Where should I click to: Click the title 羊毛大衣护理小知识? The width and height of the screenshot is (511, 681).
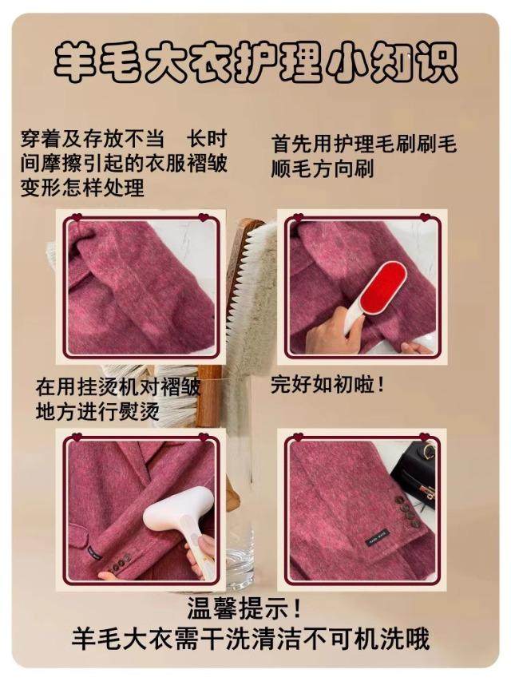click(255, 61)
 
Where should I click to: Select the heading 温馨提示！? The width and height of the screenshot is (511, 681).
click(244, 608)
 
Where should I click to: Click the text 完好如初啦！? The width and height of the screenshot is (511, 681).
click(328, 384)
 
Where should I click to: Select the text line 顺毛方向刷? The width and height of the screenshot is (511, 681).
click(323, 168)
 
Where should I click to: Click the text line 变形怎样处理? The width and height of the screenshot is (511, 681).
click(82, 188)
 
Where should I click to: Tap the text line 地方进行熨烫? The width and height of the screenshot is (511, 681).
click(97, 411)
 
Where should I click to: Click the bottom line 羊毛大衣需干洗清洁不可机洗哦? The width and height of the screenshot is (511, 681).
click(251, 638)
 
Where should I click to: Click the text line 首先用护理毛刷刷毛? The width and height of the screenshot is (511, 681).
click(364, 144)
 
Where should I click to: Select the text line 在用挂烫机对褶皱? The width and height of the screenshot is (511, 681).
click(118, 386)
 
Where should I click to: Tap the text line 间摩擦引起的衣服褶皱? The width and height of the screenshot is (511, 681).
click(124, 164)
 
